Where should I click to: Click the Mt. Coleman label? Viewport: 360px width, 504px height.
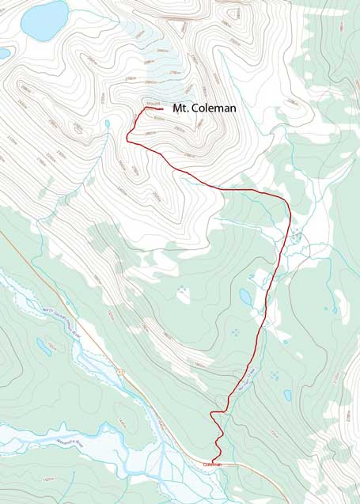(204, 108)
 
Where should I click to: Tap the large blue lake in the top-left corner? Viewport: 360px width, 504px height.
(44, 20)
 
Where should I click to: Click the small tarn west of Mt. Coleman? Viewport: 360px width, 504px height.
(107, 123)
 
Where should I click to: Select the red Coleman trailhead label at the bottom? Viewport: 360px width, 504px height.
(213, 464)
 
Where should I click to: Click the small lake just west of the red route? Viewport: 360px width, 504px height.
(246, 297)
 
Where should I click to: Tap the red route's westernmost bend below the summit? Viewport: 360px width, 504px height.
(127, 138)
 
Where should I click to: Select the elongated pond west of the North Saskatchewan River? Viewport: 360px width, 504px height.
(44, 345)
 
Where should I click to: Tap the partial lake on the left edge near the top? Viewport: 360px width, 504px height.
(4, 54)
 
